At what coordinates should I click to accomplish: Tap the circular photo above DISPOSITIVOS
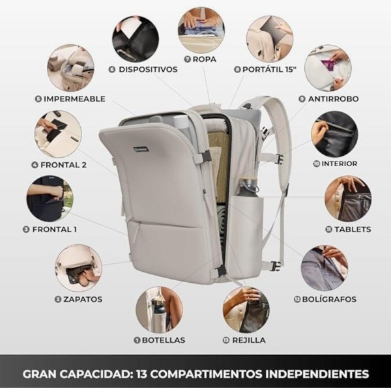click(136, 38)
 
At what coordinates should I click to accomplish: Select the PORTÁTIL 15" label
click(269, 69)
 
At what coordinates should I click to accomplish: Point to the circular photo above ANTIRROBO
click(327, 67)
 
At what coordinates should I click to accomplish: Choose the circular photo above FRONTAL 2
click(58, 134)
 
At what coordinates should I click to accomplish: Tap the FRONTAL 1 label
click(54, 229)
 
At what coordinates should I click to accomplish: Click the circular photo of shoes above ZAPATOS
click(78, 268)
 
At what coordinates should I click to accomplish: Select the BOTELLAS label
click(163, 340)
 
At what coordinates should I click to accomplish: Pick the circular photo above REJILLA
click(246, 310)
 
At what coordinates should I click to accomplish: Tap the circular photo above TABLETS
click(348, 199)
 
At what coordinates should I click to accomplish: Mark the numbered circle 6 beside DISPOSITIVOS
click(112, 69)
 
